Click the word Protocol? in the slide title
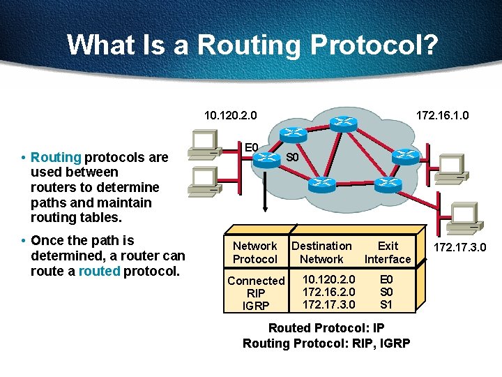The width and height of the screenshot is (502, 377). [x=374, y=45]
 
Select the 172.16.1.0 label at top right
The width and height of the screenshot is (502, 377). [x=443, y=114]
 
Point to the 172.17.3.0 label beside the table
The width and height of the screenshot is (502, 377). [x=460, y=247]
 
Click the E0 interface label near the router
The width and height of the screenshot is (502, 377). [x=251, y=147]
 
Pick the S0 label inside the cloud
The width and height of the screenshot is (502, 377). [x=293, y=157]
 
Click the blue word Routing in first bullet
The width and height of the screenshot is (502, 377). [x=56, y=157]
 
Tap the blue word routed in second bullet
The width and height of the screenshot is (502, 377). [x=99, y=271]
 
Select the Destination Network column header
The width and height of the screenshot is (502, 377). [x=321, y=252]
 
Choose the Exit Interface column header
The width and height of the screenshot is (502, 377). [x=388, y=252]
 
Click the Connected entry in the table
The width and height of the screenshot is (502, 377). [x=256, y=281]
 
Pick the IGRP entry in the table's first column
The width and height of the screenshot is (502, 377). [x=256, y=306]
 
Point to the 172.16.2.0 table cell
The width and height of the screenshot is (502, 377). [x=328, y=292]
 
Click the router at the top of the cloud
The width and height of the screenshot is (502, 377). [x=342, y=123]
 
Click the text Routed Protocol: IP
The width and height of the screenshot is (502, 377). [x=326, y=328]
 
